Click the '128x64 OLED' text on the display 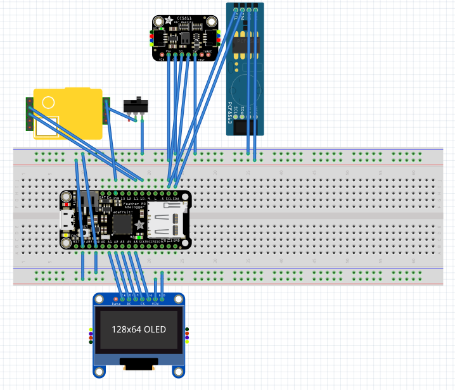click(139, 329)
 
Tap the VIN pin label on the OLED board click(155, 304)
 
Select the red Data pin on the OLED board click(115, 298)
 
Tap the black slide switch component click(134, 104)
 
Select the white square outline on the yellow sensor click(46, 127)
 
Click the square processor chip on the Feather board click(122, 222)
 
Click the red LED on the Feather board click(67, 206)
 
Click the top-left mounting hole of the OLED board click(99, 299)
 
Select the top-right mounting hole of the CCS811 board click(214, 21)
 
